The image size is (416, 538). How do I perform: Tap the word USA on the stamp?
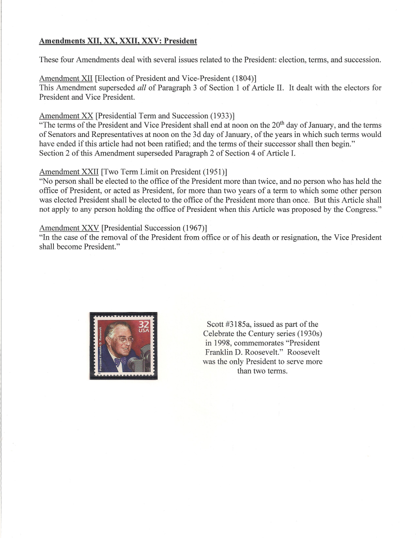point(144,331)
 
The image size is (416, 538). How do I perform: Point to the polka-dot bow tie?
point(120,361)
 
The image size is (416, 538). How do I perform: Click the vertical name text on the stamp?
point(99,347)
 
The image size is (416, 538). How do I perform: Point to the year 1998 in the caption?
point(220,343)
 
